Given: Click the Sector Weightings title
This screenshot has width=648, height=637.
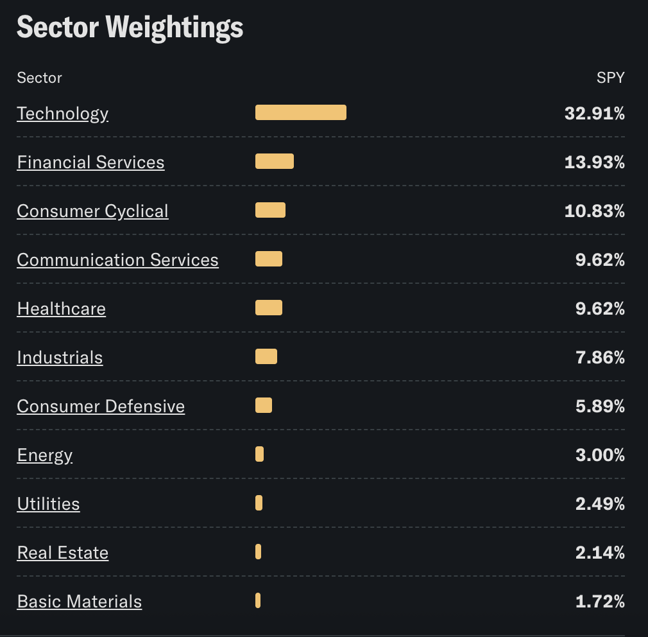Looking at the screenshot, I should coord(130,28).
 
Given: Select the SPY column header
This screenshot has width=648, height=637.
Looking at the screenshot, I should coord(610,78).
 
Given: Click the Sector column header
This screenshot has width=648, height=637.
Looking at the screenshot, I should coord(39,78).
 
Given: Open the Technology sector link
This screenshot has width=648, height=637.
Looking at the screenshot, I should coord(63,114).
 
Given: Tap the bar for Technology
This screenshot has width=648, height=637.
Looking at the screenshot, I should coord(300,112).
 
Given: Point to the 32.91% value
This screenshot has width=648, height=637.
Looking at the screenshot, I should coord(594,114).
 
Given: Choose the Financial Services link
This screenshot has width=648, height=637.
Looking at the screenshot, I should coord(90,162).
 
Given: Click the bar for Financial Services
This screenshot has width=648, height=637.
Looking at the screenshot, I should coord(274,161).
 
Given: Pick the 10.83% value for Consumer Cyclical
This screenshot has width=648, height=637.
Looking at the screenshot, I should coord(594,211).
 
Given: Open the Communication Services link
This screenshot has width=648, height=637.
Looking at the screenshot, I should coord(117,260).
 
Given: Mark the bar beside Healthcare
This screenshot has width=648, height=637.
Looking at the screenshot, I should coord(268,308).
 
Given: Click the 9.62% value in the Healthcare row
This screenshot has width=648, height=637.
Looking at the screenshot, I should coord(600,309).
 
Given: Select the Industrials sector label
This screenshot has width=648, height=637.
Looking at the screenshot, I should coord(60,358).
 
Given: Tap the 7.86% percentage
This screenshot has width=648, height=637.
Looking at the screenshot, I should coord(600,358).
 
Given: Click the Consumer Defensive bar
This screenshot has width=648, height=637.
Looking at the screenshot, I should coord(263,405).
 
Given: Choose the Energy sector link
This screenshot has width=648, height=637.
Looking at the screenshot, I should coord(45,455).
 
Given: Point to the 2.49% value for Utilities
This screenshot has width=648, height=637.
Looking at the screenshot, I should coord(600,504).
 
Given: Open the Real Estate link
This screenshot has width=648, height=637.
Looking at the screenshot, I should coord(63,553).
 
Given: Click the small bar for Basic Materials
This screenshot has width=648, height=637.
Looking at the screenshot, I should coord(258,600).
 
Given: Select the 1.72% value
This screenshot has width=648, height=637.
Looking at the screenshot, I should coord(600,602).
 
